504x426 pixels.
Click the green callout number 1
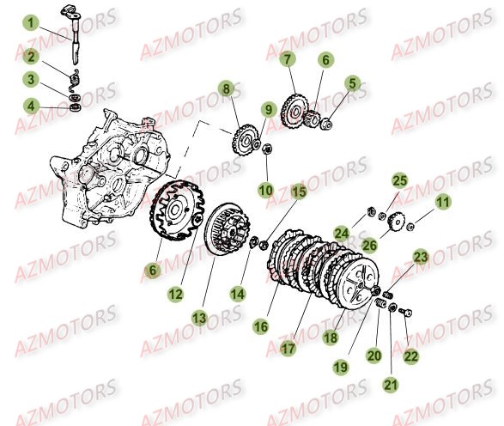(x=31, y=23)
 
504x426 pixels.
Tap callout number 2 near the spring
(x=31, y=58)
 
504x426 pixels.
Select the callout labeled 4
(x=31, y=106)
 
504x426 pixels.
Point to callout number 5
(x=350, y=82)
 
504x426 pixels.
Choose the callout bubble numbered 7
(x=287, y=59)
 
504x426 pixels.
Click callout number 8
(x=226, y=88)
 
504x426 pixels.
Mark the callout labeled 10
(x=266, y=189)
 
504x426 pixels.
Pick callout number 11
(x=442, y=203)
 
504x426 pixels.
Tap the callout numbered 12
(x=175, y=294)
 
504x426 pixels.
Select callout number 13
(x=199, y=318)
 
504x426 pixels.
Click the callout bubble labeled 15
(x=297, y=192)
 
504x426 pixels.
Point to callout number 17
(x=288, y=349)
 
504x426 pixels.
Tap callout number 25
(x=399, y=180)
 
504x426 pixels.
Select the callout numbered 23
(x=420, y=256)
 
